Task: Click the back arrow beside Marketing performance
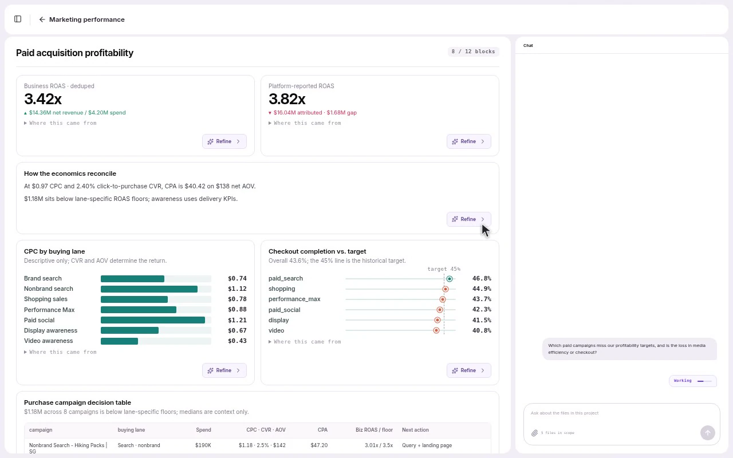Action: pos(42,19)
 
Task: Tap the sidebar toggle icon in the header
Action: pos(18,19)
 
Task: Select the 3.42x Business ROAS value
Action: pos(43,99)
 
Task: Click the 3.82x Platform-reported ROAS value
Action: pos(287,99)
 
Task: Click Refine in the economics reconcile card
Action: pos(468,219)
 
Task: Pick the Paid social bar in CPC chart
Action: pos(153,320)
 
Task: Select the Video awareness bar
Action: pos(120,341)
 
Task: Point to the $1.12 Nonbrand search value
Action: pos(237,289)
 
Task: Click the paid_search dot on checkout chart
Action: pos(450,279)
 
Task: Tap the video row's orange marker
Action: pos(436,330)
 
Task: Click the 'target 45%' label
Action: pos(444,269)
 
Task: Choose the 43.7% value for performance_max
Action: pos(482,299)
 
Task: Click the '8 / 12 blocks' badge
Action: pos(473,52)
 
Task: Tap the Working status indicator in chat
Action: pos(693,381)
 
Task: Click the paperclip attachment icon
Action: pos(534,433)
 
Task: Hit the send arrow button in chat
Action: pos(707,433)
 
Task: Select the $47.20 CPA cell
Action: pos(319,445)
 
